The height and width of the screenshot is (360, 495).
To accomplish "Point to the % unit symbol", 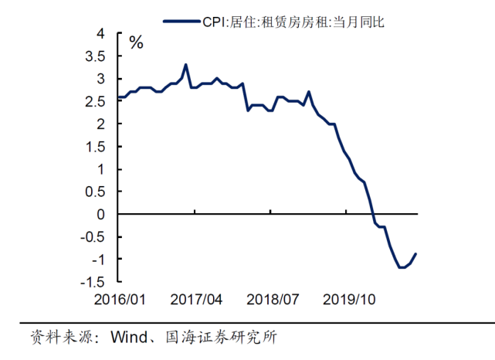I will point(136,43).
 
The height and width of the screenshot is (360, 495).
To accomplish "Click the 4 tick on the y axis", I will point(100,34).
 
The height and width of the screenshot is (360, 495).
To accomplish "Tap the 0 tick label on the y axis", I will point(100,215).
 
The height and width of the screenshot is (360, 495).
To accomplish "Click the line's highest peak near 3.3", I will point(185,65).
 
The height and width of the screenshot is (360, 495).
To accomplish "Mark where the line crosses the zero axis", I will point(372,214).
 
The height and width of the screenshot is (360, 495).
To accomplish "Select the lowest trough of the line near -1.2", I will point(402,267).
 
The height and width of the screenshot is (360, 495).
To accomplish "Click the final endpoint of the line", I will point(416,253).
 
